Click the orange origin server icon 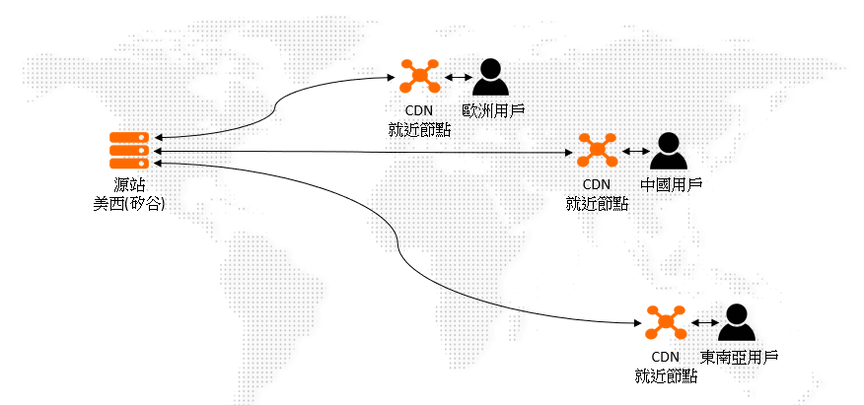point(129,150)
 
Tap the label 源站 point(129,184)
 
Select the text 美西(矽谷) point(129,203)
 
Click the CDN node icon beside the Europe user point(419,75)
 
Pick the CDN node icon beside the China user point(597,150)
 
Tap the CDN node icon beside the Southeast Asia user point(666,321)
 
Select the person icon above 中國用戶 point(670,151)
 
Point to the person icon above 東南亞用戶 point(736,322)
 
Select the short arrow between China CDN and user point(633,152)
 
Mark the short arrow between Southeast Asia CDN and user point(701,322)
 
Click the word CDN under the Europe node point(419,110)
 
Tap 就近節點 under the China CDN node point(597,203)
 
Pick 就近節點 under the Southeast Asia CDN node point(666,375)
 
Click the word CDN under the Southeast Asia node point(666,357)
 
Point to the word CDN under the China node point(597,184)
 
